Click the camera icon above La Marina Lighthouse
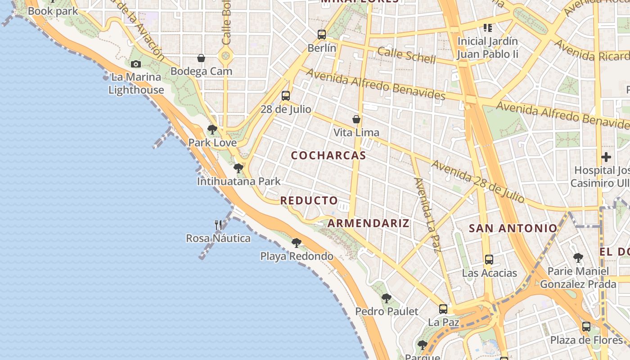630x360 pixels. coord(135,64)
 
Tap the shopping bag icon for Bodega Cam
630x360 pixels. coord(201,58)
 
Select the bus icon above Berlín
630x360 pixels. coord(321,35)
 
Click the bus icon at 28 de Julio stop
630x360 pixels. coord(285,96)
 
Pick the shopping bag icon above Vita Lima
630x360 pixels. coord(356,119)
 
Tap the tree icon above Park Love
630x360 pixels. coord(212,130)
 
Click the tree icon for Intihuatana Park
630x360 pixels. coord(238,168)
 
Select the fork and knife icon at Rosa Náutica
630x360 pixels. coord(218,225)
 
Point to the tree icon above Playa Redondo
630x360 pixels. coord(296,243)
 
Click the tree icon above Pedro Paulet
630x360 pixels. coord(386,298)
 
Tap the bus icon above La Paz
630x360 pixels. coord(443,309)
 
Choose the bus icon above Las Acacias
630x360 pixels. coord(489,260)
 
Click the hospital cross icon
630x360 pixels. coord(606,157)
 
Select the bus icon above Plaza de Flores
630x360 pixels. coord(586,327)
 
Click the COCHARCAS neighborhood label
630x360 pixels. coord(328,156)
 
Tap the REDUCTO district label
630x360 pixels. coord(309,201)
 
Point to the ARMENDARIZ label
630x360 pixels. coord(368,223)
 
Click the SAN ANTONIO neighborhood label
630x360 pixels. coord(513,229)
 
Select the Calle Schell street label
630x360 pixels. coord(406,55)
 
